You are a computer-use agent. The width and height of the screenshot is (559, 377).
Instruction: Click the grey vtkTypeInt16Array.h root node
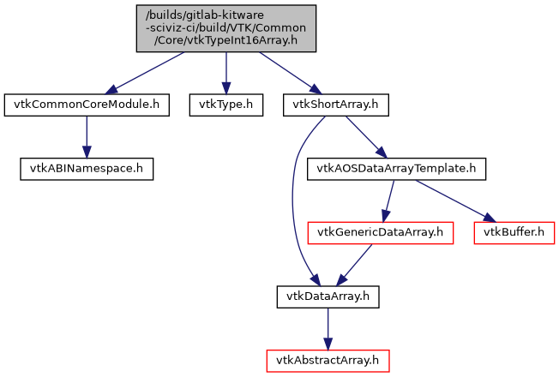[225, 28]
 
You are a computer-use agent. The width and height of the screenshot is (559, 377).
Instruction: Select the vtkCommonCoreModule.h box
[86, 105]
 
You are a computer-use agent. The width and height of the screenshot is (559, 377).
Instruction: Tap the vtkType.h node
[225, 105]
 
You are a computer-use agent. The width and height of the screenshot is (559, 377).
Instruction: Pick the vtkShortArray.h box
[336, 105]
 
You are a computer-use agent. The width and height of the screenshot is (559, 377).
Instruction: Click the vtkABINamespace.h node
[86, 169]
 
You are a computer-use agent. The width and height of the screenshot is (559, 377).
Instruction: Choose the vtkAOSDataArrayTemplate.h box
[397, 169]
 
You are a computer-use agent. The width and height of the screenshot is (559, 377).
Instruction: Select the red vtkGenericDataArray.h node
[380, 232]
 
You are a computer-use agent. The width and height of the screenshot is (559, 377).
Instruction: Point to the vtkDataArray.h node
[328, 296]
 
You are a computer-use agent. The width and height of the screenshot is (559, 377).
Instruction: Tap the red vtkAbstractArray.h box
[328, 360]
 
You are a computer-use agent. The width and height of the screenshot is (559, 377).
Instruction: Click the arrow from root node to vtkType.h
[225, 73]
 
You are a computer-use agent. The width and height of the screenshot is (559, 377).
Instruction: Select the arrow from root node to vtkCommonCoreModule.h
[147, 72]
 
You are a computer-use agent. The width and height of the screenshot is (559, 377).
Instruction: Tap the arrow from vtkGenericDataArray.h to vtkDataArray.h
[355, 263]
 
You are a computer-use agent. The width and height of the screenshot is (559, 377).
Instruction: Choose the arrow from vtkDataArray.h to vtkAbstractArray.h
[328, 328]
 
